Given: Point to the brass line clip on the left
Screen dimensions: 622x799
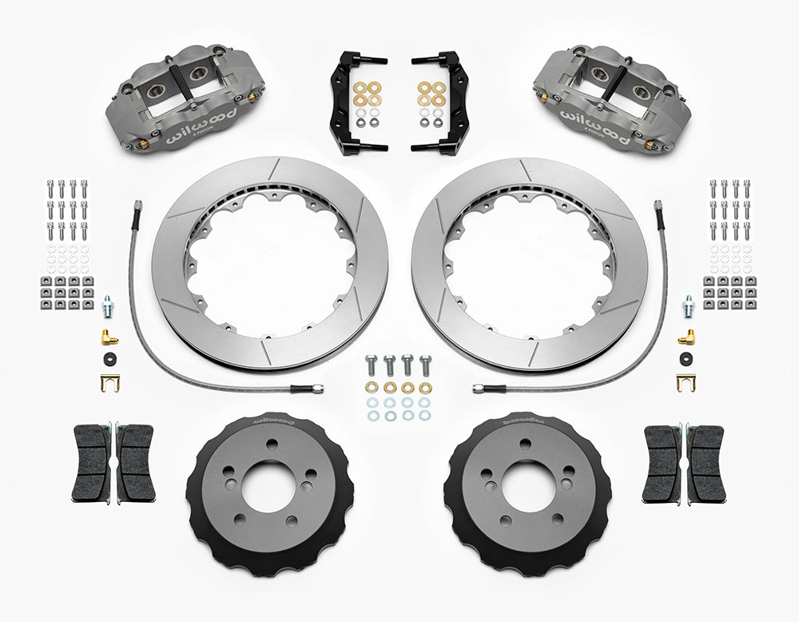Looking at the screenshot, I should [x=109, y=382].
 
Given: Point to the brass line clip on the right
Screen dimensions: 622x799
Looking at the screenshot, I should [x=686, y=382].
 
